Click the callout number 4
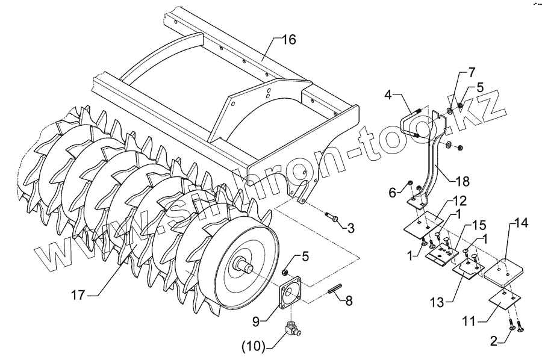388,95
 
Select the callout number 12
460,199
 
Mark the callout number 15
479,225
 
